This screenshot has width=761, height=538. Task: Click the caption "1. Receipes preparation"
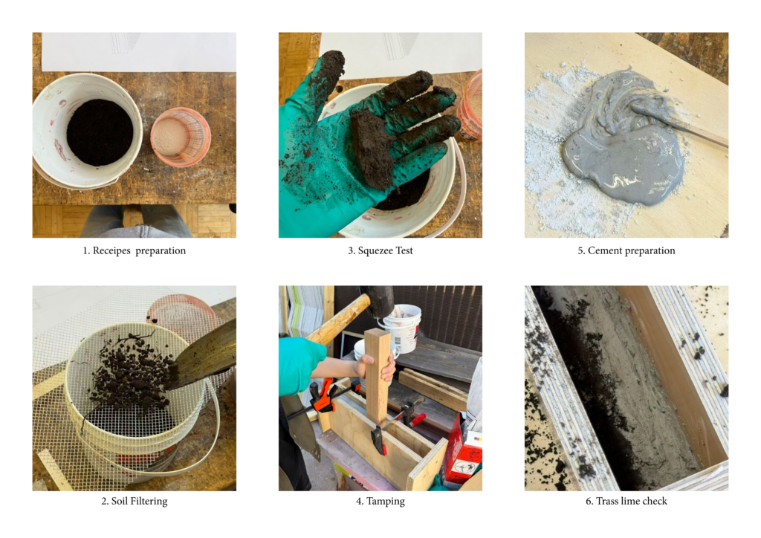click(x=134, y=251)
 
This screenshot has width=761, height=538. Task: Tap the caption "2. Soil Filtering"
click(x=134, y=501)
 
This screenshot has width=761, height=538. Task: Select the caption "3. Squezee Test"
click(x=380, y=251)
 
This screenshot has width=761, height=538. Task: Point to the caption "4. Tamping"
click(x=380, y=501)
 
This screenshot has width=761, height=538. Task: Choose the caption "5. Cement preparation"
click(x=626, y=251)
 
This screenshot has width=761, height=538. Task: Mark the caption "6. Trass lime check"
click(x=626, y=501)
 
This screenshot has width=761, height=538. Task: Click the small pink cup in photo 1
click(x=180, y=136)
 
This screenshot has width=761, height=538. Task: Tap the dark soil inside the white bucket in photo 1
click(x=100, y=132)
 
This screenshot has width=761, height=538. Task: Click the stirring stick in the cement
click(x=679, y=126)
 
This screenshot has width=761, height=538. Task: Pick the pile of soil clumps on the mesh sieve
click(x=129, y=374)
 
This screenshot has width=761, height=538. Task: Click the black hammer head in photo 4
click(x=377, y=301)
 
